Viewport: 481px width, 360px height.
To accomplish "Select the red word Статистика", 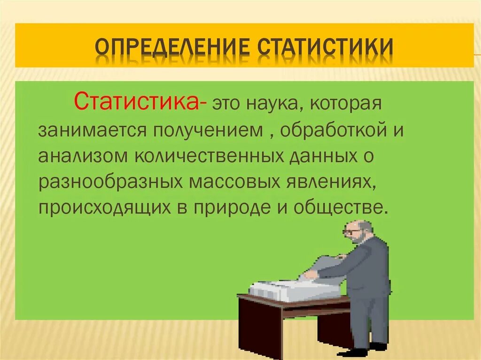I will click(x=136, y=102).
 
